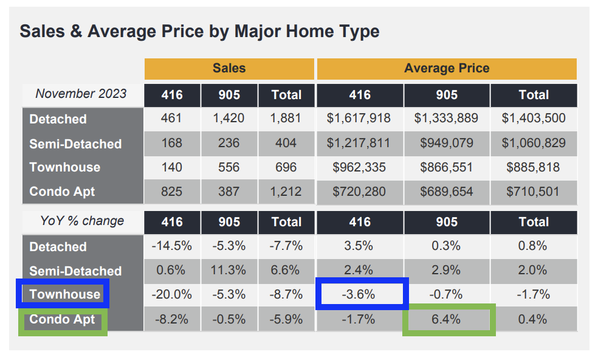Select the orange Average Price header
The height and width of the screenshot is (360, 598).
click(447, 69)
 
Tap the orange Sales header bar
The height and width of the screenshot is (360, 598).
click(229, 69)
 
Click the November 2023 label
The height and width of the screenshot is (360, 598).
click(81, 94)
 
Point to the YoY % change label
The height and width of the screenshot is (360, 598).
click(81, 221)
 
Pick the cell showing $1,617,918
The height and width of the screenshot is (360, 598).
click(360, 119)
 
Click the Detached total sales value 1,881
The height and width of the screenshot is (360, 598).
click(286, 119)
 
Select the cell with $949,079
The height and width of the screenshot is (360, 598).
click(447, 144)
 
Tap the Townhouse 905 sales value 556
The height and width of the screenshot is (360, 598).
click(229, 167)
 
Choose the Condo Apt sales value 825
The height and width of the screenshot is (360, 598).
click(172, 192)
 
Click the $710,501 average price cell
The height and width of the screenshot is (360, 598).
click(534, 192)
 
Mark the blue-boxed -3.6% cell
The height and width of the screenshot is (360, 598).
click(360, 294)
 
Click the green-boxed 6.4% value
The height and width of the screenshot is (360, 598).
click(447, 319)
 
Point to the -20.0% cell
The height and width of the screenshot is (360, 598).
click(172, 294)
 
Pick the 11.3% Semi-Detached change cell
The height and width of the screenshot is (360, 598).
click(229, 271)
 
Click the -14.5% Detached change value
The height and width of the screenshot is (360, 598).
click(172, 246)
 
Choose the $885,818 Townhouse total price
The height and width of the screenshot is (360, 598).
click(534, 167)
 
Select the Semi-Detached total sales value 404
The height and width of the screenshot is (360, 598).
click(286, 144)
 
